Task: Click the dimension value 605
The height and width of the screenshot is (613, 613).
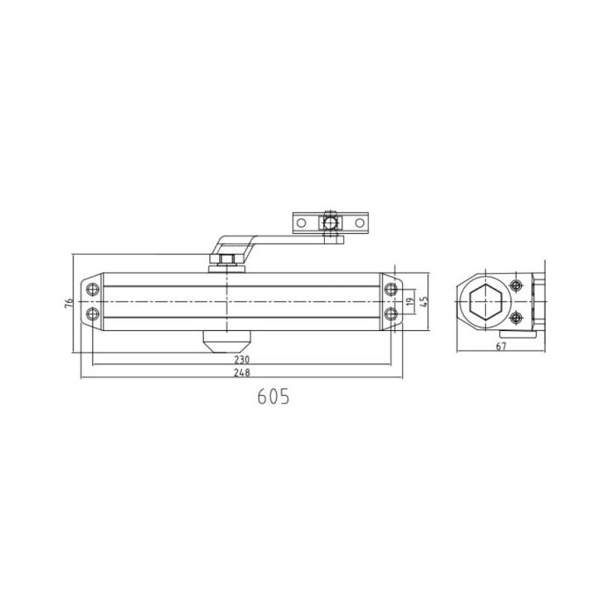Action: (273, 396)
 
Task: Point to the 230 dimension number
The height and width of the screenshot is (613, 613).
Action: (243, 360)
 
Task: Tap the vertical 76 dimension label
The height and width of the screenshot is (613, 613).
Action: (68, 303)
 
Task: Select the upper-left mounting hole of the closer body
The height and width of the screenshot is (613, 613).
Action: (93, 288)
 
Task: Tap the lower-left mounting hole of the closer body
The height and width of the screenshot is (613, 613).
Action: (93, 314)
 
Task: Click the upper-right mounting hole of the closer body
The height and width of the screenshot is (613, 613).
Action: (390, 288)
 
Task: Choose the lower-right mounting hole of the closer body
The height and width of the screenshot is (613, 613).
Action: (390, 314)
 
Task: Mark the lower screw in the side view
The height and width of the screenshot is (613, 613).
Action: (517, 317)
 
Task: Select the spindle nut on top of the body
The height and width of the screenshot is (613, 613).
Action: (226, 260)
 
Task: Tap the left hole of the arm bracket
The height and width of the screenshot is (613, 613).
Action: (301, 223)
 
